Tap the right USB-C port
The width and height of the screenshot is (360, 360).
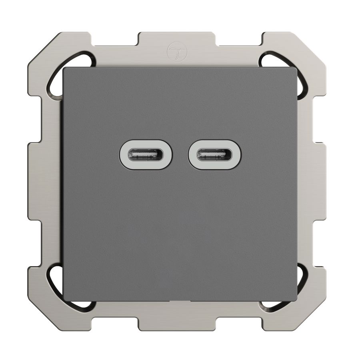tap(215, 154)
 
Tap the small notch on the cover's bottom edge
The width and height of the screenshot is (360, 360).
tap(180, 301)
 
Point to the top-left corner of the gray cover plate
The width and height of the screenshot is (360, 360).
tap(65, 69)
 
